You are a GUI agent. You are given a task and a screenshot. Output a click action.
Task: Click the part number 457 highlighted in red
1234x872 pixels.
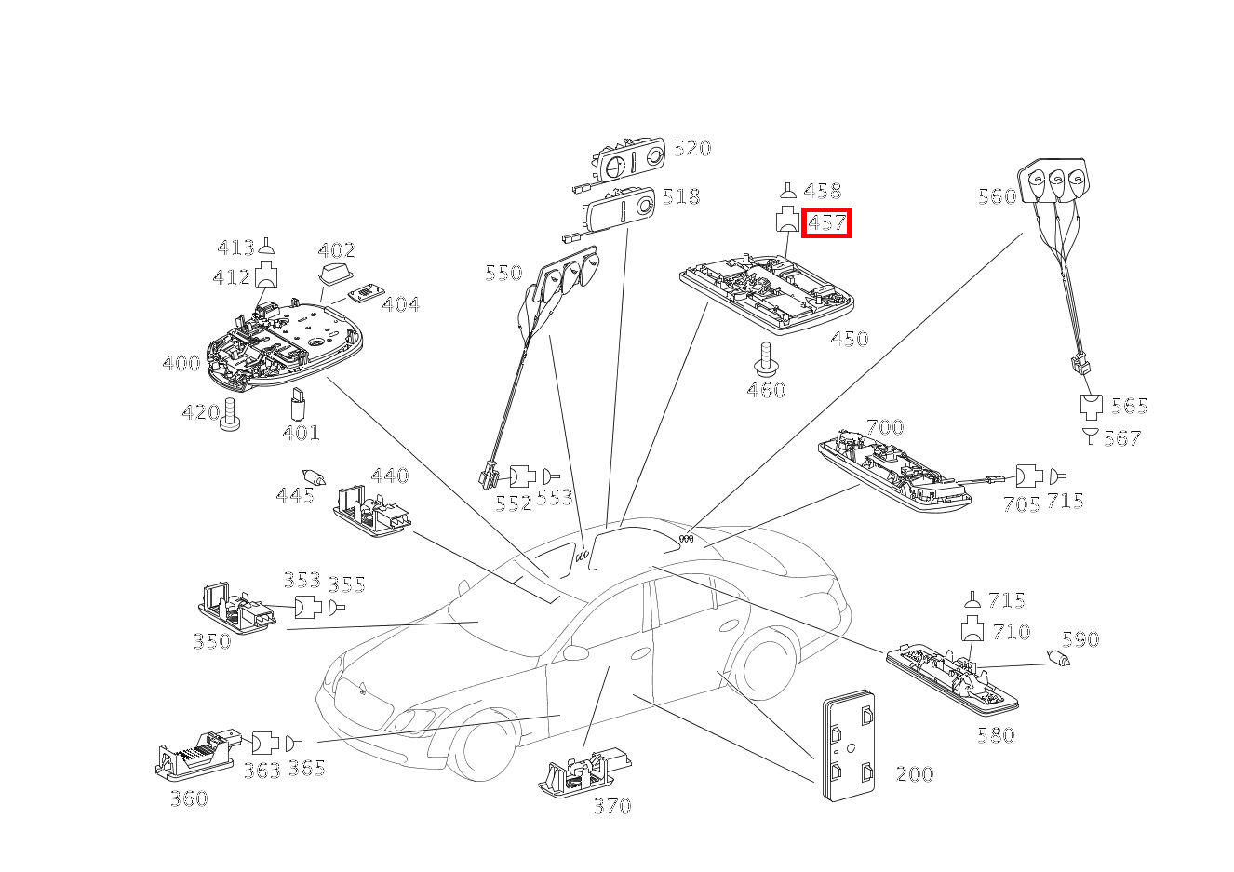tap(826, 223)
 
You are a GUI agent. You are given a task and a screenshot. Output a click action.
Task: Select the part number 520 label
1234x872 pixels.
tap(692, 148)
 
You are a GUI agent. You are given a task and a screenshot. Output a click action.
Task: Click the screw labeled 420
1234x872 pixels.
tap(230, 414)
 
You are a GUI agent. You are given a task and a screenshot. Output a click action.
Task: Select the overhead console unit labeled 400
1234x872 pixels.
tap(285, 343)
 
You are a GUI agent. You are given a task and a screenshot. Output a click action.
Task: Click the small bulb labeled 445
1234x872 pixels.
tap(315, 477)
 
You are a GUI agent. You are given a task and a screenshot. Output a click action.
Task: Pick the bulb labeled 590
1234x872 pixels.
tap(1058, 658)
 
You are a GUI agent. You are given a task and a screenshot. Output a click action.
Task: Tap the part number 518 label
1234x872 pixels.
tap(681, 196)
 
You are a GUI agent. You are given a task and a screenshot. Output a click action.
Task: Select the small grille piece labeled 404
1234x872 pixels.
tap(367, 293)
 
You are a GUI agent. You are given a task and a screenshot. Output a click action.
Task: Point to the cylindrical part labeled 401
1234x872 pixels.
tap(298, 403)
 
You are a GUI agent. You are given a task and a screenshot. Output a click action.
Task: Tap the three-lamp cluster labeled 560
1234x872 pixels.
tap(1053, 183)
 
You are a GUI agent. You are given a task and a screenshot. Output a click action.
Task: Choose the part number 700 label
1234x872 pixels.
tap(885, 427)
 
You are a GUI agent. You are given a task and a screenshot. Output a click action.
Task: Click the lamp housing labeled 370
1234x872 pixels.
tap(583, 771)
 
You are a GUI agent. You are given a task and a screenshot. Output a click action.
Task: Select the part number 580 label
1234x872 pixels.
tap(996, 735)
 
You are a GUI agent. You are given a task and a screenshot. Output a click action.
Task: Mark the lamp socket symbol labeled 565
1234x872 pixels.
tap(1091, 407)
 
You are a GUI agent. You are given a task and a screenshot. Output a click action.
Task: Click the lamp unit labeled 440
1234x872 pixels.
tap(372, 511)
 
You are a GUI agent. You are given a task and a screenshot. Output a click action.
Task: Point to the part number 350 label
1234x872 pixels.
tap(212, 641)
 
